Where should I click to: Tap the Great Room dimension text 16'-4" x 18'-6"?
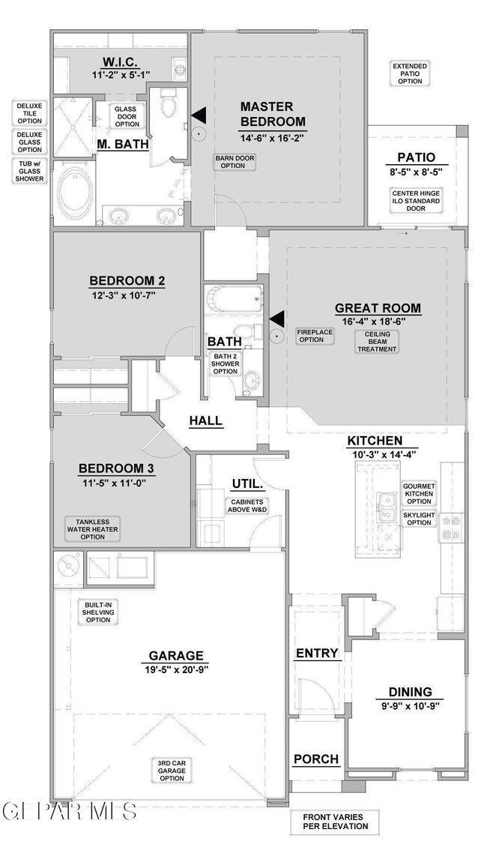(374, 321)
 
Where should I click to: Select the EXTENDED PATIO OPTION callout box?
(410, 73)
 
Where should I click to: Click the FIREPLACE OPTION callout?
(312, 336)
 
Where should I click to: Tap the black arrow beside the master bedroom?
(199, 115)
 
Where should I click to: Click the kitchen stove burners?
(452, 528)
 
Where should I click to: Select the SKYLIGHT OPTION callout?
(418, 519)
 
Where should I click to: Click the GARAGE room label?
(177, 655)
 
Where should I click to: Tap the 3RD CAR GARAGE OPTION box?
(171, 771)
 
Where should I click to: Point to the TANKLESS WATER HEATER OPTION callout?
(93, 529)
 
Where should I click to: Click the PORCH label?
(316, 759)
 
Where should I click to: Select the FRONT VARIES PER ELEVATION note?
(333, 822)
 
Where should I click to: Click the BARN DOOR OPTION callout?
(235, 162)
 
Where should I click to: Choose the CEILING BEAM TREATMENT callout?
(378, 342)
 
